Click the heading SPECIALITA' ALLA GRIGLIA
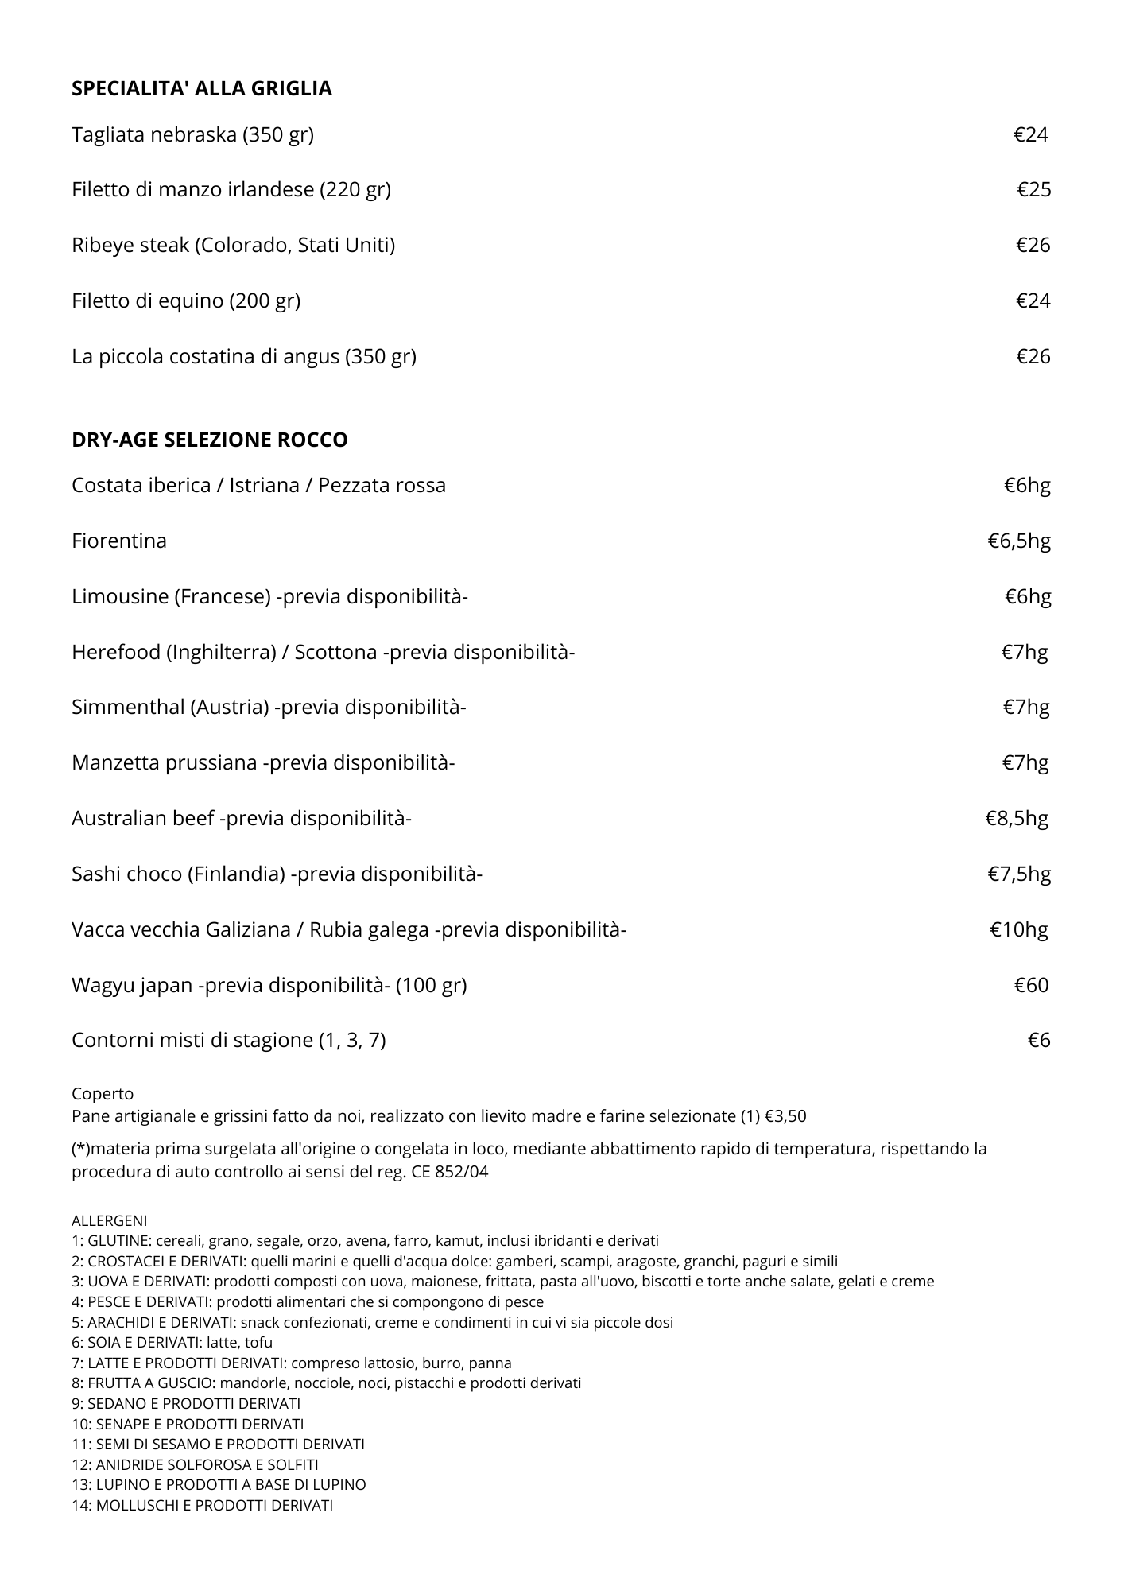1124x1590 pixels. click(202, 89)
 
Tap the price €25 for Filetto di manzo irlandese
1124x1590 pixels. click(1033, 189)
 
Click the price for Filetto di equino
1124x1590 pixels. click(1033, 301)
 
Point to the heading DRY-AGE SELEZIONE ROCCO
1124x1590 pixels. click(210, 440)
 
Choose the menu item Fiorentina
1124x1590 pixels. click(119, 541)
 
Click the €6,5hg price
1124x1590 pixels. click(1019, 541)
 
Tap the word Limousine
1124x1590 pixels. click(119, 596)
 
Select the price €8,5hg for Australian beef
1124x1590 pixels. click(1017, 818)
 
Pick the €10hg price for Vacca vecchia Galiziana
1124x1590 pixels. click(1018, 929)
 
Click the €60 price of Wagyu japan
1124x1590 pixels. click(1031, 985)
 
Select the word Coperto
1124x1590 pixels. click(103, 1094)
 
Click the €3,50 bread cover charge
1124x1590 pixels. click(785, 1116)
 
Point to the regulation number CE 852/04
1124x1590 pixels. click(450, 1172)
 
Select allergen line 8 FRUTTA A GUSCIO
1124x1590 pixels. click(326, 1383)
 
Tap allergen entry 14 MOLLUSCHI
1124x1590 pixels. click(202, 1505)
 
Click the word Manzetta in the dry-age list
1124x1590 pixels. click(116, 762)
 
